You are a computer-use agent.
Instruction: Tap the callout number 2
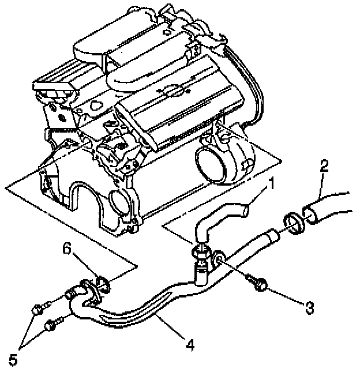coord(324,167)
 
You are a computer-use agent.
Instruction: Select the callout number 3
coord(310,308)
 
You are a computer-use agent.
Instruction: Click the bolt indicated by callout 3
coord(256,282)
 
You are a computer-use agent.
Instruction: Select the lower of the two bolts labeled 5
coord(51,326)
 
